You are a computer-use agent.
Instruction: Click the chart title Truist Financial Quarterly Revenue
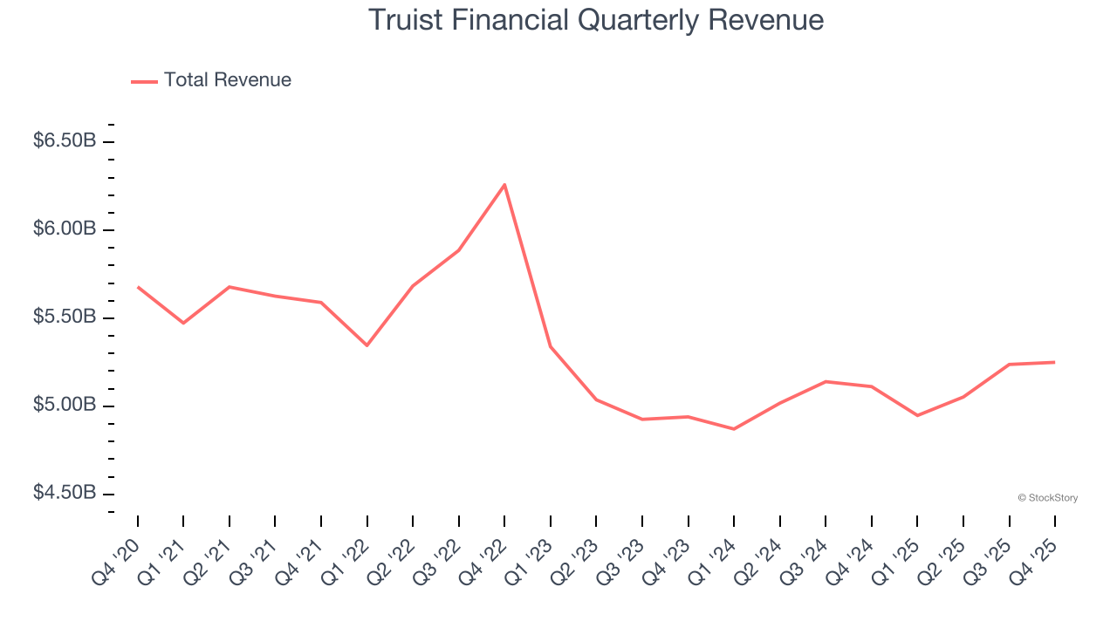595,19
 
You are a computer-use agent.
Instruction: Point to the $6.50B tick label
65,140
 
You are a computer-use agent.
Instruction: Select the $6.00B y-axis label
65,229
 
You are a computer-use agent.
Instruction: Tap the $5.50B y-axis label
65,317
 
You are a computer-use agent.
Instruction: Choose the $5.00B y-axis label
65,405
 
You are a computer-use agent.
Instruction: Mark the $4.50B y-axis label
65,493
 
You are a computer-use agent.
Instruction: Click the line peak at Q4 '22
504,184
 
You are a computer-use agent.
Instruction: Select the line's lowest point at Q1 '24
734,429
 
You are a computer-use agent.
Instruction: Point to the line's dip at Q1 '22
367,345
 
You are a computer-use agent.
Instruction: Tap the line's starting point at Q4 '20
138,287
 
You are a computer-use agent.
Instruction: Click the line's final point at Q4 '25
1054,362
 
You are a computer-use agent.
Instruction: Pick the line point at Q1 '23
551,347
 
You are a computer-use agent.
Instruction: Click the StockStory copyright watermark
1047,498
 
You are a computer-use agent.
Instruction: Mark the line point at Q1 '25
917,415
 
